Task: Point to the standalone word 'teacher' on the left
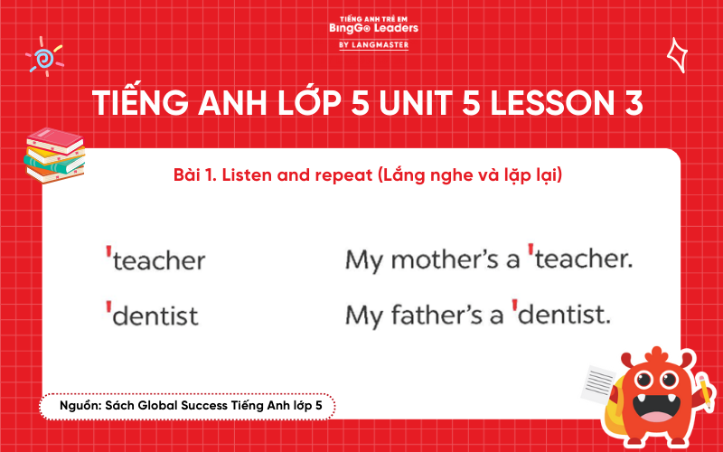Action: pos(159,261)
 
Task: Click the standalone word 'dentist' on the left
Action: pos(156,316)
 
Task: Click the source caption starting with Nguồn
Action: pos(186,407)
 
